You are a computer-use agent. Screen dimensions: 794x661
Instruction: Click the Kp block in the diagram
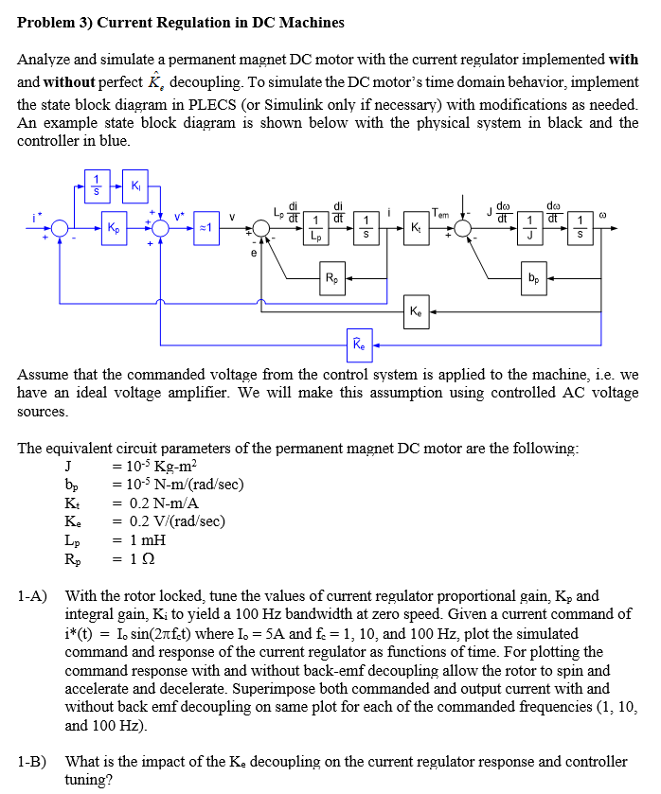pyautogui.click(x=116, y=229)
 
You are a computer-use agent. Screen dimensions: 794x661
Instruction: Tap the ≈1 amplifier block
pyautogui.click(x=214, y=229)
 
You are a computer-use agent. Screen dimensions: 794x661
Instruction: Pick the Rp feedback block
pyautogui.click(x=330, y=278)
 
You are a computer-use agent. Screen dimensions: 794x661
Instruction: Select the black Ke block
pyautogui.click(x=418, y=310)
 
